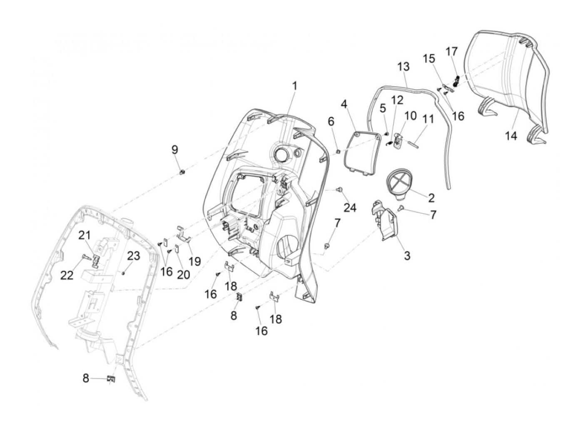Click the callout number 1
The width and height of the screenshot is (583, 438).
point(294,86)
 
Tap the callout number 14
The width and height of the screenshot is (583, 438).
point(511,136)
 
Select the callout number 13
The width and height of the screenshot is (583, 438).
point(404,67)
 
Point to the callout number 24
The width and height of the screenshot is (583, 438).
point(349,208)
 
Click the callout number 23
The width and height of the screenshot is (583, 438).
point(134,256)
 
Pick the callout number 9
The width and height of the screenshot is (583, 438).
point(175,150)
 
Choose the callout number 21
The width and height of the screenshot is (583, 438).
point(85,236)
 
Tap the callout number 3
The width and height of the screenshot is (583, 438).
point(407,256)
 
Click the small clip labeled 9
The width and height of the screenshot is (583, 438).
point(182,172)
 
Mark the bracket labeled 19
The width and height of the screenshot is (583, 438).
point(184,233)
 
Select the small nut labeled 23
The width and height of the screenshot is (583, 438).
point(123,273)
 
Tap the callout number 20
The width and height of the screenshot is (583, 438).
point(184,274)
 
